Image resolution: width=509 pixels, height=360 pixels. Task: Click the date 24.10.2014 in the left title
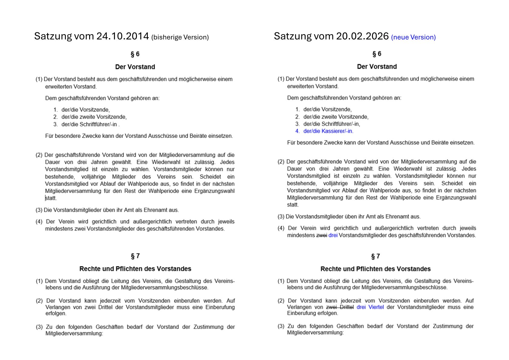(x=122, y=36)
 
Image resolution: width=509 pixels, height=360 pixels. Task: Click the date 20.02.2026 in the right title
(x=362, y=36)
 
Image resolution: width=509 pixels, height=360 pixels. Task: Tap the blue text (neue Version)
(x=413, y=37)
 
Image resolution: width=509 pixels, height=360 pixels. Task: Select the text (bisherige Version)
(x=180, y=37)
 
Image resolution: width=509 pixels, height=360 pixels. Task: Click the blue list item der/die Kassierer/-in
(x=328, y=131)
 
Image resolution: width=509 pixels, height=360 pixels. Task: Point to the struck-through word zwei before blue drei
(x=322, y=235)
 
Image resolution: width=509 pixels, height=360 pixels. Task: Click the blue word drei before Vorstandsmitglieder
(x=333, y=235)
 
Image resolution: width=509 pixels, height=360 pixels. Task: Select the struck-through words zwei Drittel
(x=340, y=307)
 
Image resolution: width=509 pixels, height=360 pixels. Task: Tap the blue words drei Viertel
(x=370, y=307)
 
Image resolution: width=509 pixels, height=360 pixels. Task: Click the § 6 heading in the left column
(x=135, y=54)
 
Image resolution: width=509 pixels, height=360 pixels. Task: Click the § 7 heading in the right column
(x=375, y=256)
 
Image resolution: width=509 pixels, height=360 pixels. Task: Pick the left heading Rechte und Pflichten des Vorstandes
(x=135, y=269)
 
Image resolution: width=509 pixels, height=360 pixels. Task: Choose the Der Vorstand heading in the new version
(x=377, y=67)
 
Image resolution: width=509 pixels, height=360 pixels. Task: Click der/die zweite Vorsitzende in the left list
(x=94, y=117)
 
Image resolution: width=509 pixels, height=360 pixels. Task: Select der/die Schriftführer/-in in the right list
(x=332, y=124)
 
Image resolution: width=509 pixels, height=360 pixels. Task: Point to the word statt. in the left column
(x=51, y=198)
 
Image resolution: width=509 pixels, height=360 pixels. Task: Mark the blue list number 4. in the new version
(x=297, y=131)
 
